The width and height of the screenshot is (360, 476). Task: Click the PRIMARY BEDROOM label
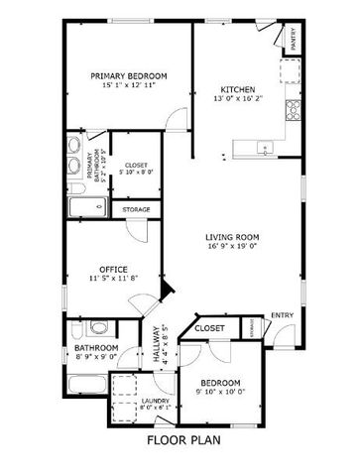[128, 76]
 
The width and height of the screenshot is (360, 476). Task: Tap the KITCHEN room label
[238, 88]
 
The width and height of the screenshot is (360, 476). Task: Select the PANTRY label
[294, 39]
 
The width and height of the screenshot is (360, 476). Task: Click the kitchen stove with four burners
[293, 108]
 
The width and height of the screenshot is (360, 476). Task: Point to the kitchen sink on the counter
[265, 149]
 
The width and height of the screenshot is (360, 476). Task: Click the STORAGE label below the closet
[137, 209]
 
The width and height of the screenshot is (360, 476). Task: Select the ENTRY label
[283, 315]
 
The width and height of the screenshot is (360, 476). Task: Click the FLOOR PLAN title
[183, 439]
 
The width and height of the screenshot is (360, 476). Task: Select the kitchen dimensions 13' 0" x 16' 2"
[238, 98]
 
